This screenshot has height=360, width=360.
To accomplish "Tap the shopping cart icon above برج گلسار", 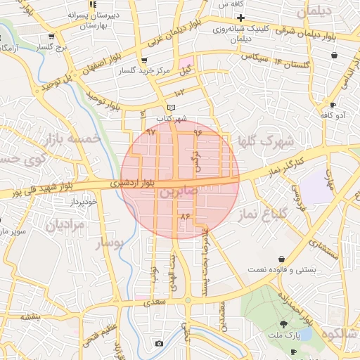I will coord(51,36).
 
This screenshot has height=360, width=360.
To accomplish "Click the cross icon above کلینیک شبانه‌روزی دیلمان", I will coord(240,18).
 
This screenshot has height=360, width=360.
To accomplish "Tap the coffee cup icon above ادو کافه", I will coord(332,105).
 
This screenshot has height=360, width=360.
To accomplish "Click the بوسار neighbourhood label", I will coord(109,243).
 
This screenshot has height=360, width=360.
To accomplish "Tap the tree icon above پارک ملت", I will coord(283,323).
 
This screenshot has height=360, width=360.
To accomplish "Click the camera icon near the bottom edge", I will coord(160,343).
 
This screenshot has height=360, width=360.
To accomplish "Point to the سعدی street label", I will coord(155,304).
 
